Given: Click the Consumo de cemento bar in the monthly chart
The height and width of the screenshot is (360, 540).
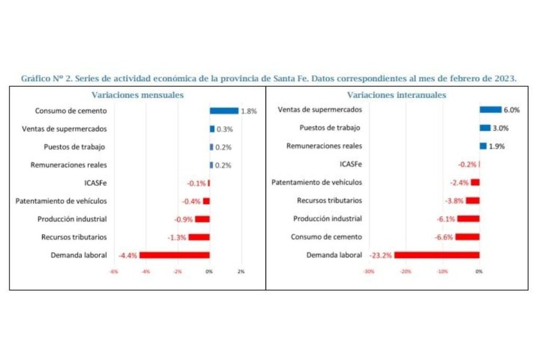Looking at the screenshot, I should [223, 111].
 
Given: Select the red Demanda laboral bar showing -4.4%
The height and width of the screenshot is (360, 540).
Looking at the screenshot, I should [174, 255].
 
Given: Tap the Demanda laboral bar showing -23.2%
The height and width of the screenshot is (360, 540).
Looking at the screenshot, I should [436, 255].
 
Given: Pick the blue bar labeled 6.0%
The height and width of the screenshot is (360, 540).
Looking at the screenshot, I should [490, 110].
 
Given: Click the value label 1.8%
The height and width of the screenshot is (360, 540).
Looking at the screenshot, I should [249, 112].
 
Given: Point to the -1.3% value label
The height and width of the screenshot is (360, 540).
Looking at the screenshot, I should [177, 237].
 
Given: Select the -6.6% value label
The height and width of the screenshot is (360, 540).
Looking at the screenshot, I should [444, 237].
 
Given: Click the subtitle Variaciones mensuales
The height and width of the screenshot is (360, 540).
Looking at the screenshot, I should [137, 95].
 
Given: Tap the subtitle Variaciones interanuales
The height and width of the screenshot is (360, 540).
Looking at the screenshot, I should [397, 95].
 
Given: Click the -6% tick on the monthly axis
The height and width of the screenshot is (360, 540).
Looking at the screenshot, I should [114, 271].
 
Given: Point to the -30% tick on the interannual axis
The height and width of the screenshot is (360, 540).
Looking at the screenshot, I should [369, 271].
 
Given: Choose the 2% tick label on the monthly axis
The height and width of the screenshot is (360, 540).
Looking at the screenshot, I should [241, 271].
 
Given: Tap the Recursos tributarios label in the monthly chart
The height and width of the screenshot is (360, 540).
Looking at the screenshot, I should [74, 237].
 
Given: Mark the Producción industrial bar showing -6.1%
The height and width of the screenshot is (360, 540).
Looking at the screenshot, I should [468, 219].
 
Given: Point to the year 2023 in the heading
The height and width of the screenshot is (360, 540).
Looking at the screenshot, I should [504, 79].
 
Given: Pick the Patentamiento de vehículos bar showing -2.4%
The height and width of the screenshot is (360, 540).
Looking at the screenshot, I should [475, 182].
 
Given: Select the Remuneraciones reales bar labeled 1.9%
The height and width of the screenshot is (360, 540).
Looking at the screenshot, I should [483, 146].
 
